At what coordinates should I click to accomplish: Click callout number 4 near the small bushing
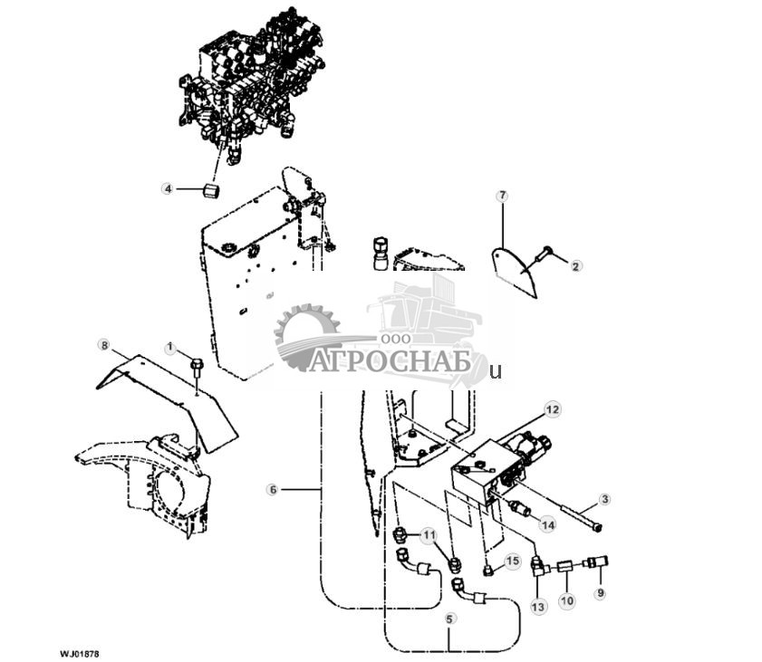[x=167, y=189]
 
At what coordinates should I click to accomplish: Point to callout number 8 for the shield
[x=104, y=345]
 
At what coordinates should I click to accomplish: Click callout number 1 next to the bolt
[x=169, y=347]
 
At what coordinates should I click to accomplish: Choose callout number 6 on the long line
[x=272, y=489]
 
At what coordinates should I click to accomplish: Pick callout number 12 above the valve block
[x=554, y=410]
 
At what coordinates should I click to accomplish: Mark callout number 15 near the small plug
[x=513, y=561]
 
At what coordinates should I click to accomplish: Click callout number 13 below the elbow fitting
[x=538, y=606]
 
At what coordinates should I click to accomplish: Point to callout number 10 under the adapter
[x=567, y=600]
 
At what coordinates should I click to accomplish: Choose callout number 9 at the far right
[x=598, y=594]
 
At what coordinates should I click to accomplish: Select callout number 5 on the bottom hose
[x=450, y=620]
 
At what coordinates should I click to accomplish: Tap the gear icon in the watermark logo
[x=306, y=335]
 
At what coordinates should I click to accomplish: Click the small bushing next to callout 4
[x=211, y=191]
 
